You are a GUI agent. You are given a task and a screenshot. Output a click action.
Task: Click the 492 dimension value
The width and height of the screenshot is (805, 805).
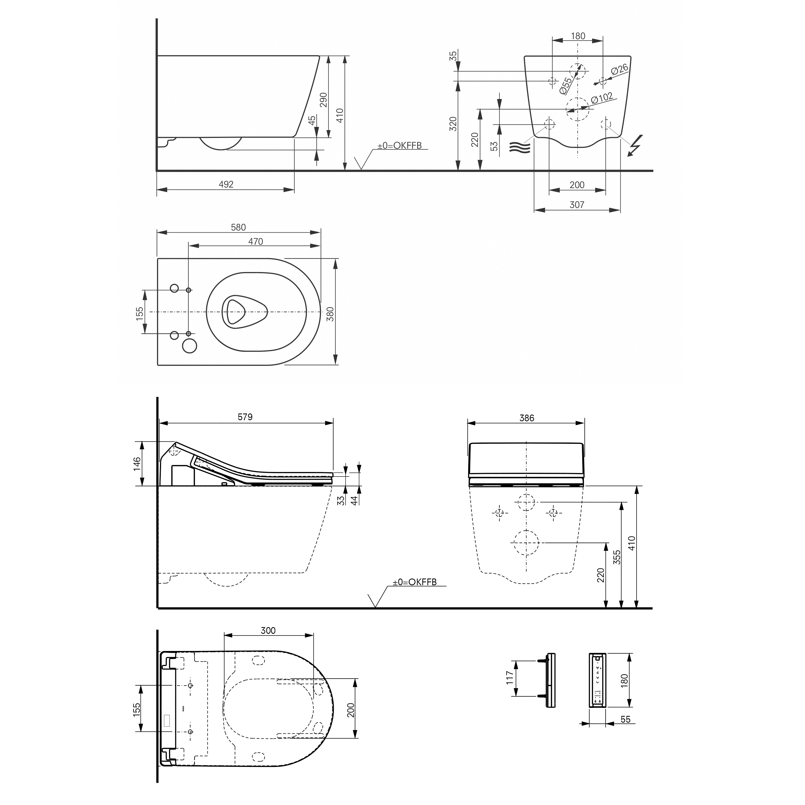tap(226, 184)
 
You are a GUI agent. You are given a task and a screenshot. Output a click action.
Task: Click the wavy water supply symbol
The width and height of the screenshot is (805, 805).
tap(520, 147)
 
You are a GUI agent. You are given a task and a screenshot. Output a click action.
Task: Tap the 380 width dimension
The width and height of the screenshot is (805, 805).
tap(330, 313)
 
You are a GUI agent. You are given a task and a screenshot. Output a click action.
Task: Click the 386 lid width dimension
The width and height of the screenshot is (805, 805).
tap(527, 418)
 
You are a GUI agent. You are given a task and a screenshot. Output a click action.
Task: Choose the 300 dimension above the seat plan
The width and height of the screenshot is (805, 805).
tap(268, 630)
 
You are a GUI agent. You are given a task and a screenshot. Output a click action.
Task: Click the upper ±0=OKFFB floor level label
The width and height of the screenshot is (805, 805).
tap(399, 145)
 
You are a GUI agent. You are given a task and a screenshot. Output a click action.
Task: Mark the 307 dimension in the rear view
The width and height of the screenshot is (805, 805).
tap(577, 204)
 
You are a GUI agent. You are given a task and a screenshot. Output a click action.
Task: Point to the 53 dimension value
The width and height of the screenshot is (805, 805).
tap(494, 146)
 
